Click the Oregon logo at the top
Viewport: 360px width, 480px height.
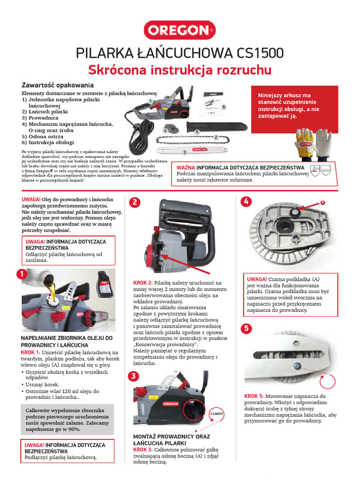click(180, 31)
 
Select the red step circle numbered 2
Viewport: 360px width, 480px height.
click(135, 202)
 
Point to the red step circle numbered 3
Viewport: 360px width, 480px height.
click(134, 376)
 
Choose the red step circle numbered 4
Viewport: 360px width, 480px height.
click(247, 202)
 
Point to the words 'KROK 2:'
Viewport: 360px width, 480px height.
click(143, 283)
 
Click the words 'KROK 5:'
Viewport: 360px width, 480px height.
click(254, 396)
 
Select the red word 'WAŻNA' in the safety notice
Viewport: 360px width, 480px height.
click(186, 167)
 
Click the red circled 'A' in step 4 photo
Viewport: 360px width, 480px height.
click(322, 202)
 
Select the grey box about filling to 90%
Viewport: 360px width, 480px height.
click(67, 419)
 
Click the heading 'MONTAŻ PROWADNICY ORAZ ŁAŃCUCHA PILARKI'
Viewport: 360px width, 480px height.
click(171, 440)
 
